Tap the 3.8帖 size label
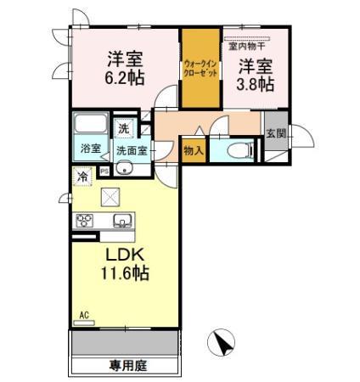tap(254, 83)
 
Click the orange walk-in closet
tap(201, 70)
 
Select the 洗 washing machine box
tap(124, 130)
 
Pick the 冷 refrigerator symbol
tap(82, 177)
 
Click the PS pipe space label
tap(104, 171)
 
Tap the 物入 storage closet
tap(193, 150)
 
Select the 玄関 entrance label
tap(275, 134)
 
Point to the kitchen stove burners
tap(85, 221)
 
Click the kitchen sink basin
tap(122, 222)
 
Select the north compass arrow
tap(223, 344)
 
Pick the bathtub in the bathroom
tap(89, 124)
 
